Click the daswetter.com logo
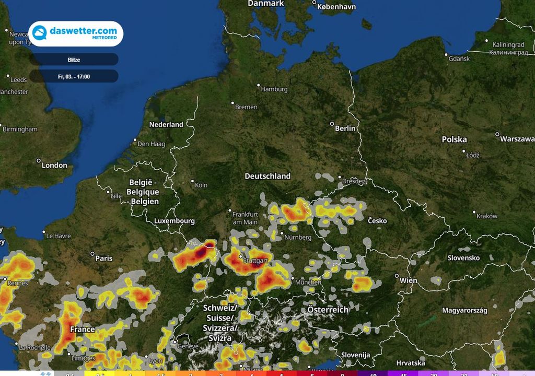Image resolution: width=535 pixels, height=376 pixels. click(76, 34)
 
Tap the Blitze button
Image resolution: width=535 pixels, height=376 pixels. click(74, 60)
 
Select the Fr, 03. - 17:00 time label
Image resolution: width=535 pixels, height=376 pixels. click(74, 76)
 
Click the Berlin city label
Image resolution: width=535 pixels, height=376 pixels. click(345, 128)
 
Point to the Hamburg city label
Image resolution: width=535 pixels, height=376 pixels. click(274, 89)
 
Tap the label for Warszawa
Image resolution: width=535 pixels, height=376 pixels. click(517, 139)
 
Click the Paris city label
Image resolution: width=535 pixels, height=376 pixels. click(104, 258)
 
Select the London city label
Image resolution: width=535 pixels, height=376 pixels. click(54, 165)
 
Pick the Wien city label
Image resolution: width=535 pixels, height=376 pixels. click(408, 280)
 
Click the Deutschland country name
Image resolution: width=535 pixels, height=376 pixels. click(267, 176)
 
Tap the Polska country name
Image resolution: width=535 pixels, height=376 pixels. click(454, 139)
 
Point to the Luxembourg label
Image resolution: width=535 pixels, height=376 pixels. click(174, 221)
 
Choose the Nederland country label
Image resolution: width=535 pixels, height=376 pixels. click(166, 124)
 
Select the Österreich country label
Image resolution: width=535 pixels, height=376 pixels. click(328, 310)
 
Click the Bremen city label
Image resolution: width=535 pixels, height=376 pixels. click(246, 107)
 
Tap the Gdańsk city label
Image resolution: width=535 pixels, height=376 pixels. click(459, 58)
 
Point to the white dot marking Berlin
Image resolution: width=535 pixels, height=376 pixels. click(331, 124)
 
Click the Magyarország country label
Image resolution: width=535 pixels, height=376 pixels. click(464, 310)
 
